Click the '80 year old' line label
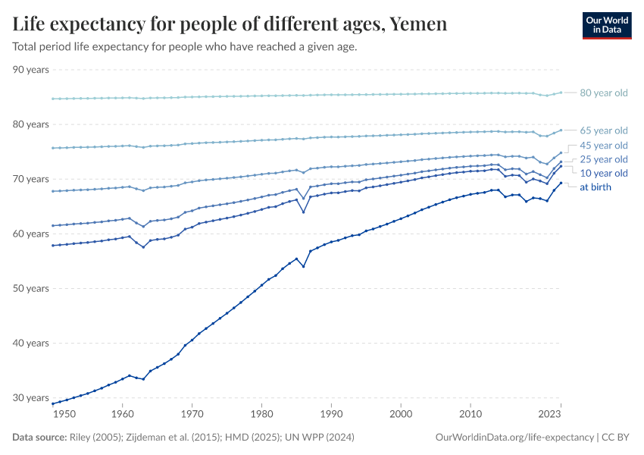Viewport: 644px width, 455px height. tap(603, 93)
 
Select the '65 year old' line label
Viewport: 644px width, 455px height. tap(603, 130)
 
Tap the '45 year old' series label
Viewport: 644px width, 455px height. tap(603, 145)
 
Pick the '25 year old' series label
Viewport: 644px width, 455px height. tap(603, 159)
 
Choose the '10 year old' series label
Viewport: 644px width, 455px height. tap(603, 174)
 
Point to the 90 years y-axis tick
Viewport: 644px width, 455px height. tap(31, 70)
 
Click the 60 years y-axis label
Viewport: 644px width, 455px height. tap(31, 234)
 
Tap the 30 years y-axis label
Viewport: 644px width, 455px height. tap(31, 397)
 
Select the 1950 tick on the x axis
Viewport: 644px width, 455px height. tap(65, 414)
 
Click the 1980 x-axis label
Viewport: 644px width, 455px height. tap(261, 414)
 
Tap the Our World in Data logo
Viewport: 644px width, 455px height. tap(606, 25)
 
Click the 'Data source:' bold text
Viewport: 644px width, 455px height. tap(39, 438)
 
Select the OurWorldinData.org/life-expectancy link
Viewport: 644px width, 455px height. tap(515, 438)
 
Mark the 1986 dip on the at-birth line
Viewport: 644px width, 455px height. tap(303, 266)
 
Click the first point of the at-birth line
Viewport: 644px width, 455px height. tap(53, 403)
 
